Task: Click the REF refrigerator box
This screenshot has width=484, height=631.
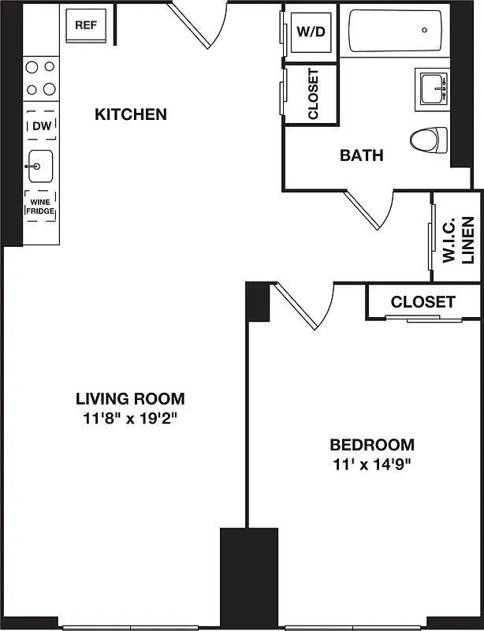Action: coord(85,25)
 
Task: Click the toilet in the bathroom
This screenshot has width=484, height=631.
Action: coord(428,140)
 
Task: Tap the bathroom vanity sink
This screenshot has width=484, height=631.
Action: coord(432,87)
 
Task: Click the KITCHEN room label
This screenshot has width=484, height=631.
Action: coord(131,114)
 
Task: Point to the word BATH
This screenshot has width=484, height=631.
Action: coord(361,155)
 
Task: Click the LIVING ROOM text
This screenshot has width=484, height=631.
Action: coord(130,398)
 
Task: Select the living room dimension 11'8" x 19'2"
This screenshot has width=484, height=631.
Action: coord(130,418)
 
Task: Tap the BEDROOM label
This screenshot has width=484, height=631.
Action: coord(371,444)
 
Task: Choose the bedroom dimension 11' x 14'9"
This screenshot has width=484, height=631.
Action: coord(371,464)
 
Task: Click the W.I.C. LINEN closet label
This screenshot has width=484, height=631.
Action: coord(457,236)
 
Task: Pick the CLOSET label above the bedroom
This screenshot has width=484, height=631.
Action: coord(423,301)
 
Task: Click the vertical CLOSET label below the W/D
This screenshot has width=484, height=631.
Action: coord(312,95)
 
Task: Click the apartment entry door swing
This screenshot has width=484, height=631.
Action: coord(197,24)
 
